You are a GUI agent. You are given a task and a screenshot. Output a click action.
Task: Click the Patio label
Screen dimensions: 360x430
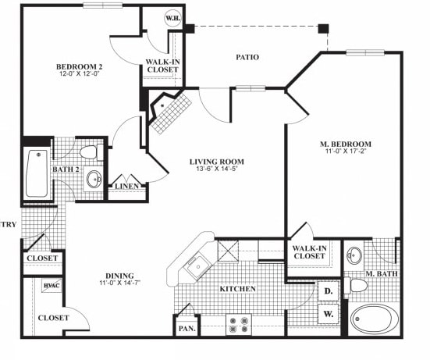click(247, 57)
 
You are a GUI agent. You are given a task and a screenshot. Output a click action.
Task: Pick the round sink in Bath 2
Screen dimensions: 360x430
click(94, 179)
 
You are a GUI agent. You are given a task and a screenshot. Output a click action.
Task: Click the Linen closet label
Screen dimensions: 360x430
click(126, 187)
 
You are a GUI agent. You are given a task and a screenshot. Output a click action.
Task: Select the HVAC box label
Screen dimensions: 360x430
click(52, 287)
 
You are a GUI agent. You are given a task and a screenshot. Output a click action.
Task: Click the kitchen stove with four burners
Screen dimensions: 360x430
click(237, 323)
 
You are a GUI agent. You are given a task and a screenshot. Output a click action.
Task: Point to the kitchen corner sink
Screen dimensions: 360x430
click(196, 266)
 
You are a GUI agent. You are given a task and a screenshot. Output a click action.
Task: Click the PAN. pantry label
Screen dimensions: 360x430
click(187, 329)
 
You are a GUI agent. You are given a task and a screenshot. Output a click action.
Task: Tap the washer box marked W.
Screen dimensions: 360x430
click(328, 315)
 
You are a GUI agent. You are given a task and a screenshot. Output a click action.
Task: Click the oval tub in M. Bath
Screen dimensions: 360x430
click(372, 320)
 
